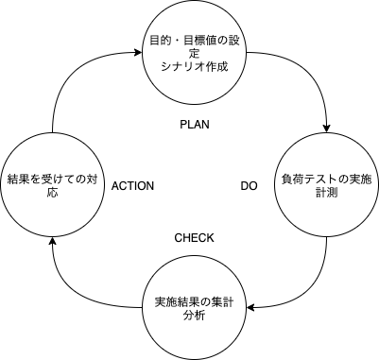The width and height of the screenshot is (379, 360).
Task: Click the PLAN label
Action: (194, 124)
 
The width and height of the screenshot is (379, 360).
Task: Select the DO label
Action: (250, 186)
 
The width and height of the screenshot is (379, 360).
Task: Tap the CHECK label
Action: (194, 237)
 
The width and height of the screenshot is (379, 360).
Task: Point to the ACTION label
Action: (132, 186)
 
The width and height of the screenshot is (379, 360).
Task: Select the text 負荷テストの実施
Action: (326, 179)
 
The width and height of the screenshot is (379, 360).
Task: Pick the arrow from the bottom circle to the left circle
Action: (80, 283)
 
